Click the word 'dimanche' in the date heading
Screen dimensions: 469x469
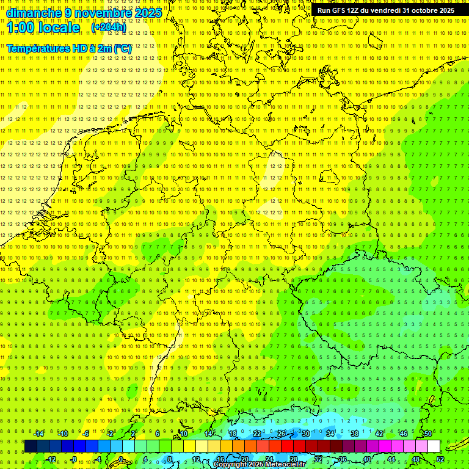pos(34,13)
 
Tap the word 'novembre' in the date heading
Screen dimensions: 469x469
pos(99,13)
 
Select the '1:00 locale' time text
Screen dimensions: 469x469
pos(43,27)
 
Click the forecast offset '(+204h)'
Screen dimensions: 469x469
pos(109,27)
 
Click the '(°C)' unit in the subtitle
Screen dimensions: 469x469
pos(122,48)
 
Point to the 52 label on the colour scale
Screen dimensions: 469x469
pos(440,459)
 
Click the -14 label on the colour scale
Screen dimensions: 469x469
pos(39,434)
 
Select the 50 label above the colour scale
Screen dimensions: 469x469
pos(428,434)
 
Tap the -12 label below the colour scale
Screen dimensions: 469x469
pos(51,459)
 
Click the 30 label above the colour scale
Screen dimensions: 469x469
pos(306,434)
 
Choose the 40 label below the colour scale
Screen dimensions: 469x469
pos(367,459)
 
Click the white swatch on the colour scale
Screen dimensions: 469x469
pos(434,446)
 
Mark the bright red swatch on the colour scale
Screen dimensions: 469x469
pos(288,446)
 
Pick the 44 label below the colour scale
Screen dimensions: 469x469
pos(391,459)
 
